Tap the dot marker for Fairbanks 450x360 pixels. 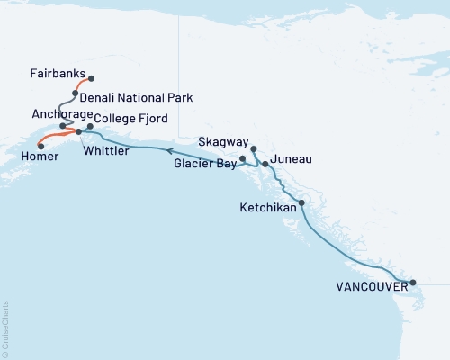[x=91, y=78]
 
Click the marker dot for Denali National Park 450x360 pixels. [x=76, y=93]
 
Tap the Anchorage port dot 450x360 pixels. [x=62, y=126]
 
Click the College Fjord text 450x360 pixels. [x=130, y=119]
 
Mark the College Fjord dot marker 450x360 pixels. [x=90, y=126]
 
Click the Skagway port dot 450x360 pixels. [x=254, y=148]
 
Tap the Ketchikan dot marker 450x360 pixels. [x=301, y=203]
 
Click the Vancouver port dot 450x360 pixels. [x=413, y=283]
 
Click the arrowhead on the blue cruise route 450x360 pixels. [x=169, y=153]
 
